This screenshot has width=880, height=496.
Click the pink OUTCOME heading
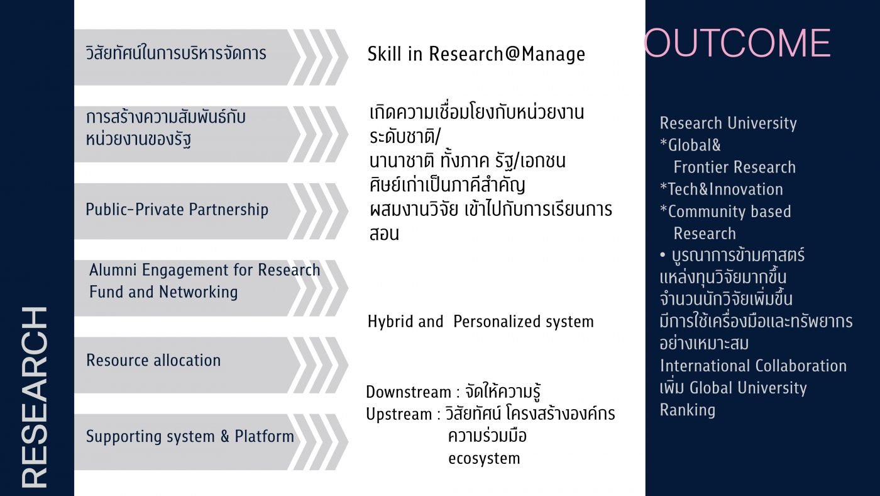pos(737,43)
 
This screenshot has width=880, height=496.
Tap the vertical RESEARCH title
pos(35,397)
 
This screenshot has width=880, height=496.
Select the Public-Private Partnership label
pos(177,210)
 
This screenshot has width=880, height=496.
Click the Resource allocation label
pos(153,361)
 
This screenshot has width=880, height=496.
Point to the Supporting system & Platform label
pos(190,436)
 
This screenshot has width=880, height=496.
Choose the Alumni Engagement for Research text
pos(204,271)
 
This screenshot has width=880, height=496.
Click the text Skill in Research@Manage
pos(476,54)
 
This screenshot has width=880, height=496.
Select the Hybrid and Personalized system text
pos(480,322)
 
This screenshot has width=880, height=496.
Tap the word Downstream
pos(409,392)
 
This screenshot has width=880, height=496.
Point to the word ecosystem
pos(484,458)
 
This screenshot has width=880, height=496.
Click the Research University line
pos(728,123)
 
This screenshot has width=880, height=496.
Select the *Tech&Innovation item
pos(721,189)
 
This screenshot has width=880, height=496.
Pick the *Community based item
pos(725,211)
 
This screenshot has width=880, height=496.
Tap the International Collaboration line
pos(753,366)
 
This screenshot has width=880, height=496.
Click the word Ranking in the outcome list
pos(687,410)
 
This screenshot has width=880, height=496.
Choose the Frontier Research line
pos(734,167)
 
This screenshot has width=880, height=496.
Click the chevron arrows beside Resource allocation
pos(321,364)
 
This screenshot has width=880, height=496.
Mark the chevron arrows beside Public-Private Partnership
pos(321,211)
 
